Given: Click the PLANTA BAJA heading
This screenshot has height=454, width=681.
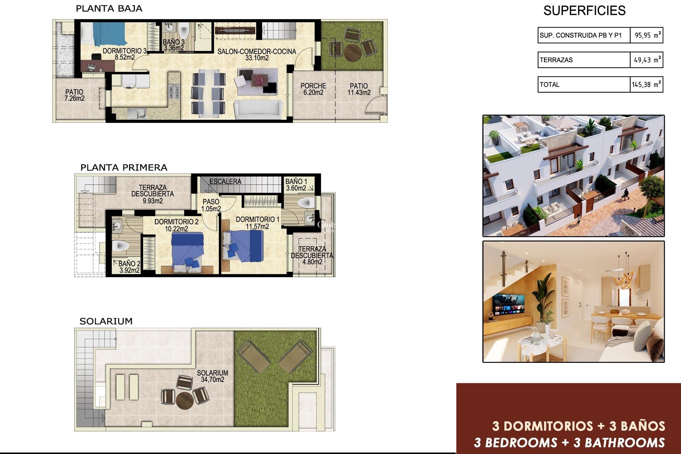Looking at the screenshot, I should click(x=109, y=9).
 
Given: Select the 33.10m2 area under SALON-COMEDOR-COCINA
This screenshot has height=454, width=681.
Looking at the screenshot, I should click(x=257, y=58).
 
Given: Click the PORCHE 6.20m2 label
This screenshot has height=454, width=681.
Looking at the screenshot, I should click(x=313, y=89).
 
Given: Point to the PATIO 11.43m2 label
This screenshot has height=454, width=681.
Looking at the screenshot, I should click(x=359, y=89).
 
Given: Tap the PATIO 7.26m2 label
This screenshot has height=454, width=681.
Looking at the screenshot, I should click(x=74, y=95).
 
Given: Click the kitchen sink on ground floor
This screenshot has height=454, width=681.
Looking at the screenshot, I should click(x=137, y=113).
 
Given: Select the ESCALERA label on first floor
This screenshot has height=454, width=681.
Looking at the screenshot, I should click(x=225, y=182).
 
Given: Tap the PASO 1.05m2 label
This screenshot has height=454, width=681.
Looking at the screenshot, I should click(x=211, y=205).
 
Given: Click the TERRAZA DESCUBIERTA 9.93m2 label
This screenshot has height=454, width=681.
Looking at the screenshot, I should click(x=153, y=194).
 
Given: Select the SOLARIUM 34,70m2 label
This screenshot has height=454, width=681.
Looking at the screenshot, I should click(x=212, y=376).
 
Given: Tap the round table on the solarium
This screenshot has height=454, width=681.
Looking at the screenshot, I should click(x=184, y=400).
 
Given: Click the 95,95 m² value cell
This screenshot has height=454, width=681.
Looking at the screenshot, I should click(x=647, y=35).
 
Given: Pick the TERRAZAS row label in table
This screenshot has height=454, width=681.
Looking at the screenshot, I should click(x=556, y=60).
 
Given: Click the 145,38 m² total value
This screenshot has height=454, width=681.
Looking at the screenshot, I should click(x=646, y=84).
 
